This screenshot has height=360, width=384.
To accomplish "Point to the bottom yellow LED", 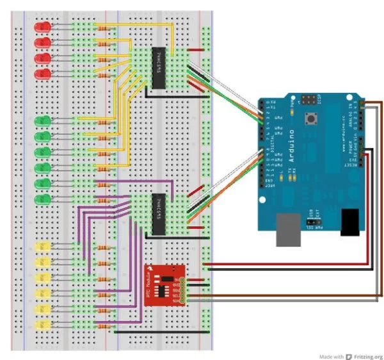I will (44, 325).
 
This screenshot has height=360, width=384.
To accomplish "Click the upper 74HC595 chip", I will (159, 67).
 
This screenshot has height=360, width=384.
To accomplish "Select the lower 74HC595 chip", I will (159, 208).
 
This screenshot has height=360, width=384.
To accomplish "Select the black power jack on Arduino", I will (349, 222).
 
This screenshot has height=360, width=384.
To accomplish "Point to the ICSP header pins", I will (309, 99).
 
